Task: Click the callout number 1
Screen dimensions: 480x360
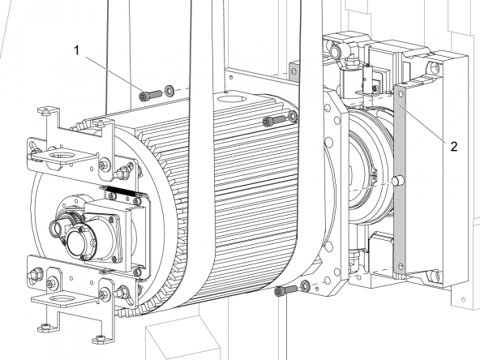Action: [77, 50]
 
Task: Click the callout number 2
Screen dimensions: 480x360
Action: [454, 146]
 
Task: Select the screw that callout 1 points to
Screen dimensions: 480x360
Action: [150, 95]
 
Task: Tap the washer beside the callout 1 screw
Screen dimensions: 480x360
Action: [169, 90]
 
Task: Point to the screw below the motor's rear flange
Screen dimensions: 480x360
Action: [286, 290]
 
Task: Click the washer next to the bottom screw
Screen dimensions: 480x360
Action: [305, 285]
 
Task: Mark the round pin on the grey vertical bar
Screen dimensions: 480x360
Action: [398, 180]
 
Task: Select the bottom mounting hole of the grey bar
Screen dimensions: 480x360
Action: [400, 266]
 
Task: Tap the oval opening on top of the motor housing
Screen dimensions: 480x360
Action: [231, 99]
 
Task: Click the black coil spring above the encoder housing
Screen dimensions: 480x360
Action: [121, 190]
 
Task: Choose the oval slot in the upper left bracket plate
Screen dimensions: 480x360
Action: [62, 156]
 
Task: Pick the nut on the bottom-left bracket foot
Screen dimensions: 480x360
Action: [45, 327]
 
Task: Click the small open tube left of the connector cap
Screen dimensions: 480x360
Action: [55, 229]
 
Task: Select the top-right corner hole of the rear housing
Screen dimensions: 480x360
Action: [435, 67]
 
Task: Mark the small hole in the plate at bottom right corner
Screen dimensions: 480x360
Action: [463, 298]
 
